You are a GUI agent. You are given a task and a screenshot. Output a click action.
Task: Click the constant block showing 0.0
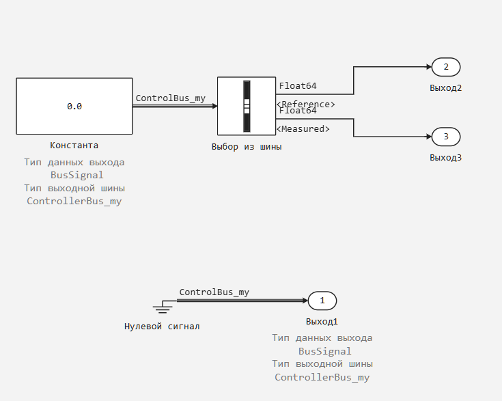point(74,106)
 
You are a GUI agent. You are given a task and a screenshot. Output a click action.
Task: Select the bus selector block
point(247,106)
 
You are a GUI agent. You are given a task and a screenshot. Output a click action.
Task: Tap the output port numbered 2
point(446,67)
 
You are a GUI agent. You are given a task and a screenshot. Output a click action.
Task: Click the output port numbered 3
point(446,137)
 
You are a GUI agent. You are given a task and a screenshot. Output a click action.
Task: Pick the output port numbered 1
point(322,301)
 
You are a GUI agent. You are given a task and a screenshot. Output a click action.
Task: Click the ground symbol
point(163,307)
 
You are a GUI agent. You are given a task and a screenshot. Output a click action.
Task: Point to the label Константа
point(74,146)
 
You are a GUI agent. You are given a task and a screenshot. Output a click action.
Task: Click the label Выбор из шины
point(247,147)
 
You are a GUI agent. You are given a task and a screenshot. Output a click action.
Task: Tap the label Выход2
point(445,88)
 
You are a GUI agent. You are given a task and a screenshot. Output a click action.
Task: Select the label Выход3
point(445,158)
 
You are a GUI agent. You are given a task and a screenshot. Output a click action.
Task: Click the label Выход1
point(322,322)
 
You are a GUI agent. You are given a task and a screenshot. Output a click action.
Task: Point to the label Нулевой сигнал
point(162,327)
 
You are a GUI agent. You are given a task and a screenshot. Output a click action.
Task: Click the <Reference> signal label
point(306,105)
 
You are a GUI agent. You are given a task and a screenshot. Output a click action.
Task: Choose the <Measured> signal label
point(303,128)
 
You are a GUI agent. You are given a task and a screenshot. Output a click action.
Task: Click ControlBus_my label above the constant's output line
point(171,98)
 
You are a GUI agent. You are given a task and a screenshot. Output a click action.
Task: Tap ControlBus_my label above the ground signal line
point(214,292)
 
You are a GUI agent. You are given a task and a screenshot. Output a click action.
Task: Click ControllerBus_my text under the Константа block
point(74,201)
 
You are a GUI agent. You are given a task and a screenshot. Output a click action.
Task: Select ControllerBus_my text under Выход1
point(322,377)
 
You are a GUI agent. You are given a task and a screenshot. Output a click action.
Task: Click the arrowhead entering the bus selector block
point(215,106)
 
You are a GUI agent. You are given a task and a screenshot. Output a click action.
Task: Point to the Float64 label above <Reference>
point(298,86)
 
